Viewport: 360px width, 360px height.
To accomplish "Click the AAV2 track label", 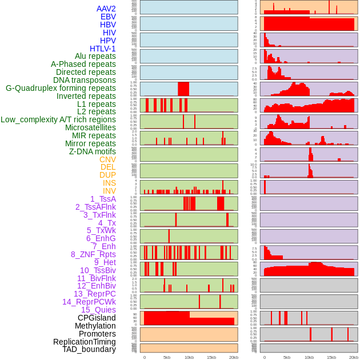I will click(x=106, y=9).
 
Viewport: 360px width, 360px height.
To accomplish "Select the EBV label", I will click(x=108, y=17).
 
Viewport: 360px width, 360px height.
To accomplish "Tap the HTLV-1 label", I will click(x=103, y=49).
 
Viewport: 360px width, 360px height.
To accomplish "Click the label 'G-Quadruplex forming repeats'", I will click(x=61, y=88).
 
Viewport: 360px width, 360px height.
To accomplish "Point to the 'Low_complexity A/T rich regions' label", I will click(x=58, y=119).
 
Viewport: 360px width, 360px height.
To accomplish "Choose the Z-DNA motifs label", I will click(x=93, y=151).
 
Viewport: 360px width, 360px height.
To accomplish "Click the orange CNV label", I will click(x=107, y=159).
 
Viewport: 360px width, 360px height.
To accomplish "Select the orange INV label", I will click(x=109, y=191).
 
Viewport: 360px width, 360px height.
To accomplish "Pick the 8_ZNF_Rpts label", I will click(x=93, y=254).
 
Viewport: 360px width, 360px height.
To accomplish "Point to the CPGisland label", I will click(x=97, y=318).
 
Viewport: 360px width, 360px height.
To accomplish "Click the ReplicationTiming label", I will click(x=84, y=342).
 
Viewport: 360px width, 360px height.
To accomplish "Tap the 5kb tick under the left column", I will click(x=167, y=357).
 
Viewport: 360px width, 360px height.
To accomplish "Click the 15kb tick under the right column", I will click(x=331, y=357).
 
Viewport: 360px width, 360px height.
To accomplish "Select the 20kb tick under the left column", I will click(x=234, y=357).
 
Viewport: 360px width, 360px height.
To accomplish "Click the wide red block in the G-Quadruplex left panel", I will click(x=183, y=89).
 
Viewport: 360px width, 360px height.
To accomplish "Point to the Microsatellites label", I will click(x=90, y=127).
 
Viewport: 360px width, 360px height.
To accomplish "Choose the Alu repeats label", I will click(x=95, y=56).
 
